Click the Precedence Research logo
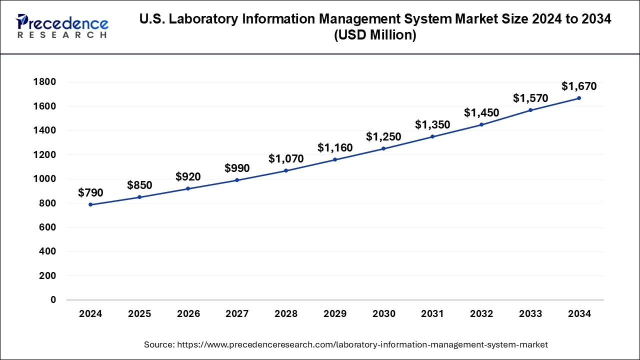(x=62, y=26)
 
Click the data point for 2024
(x=90, y=204)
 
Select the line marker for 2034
(x=579, y=98)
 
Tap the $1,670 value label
(x=579, y=86)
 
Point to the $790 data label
(x=90, y=193)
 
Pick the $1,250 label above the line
(x=383, y=136)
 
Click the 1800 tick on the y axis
(x=44, y=82)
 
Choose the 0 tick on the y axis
(x=53, y=300)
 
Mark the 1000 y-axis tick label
(x=44, y=179)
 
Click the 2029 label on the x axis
(x=335, y=314)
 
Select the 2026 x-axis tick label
(x=188, y=314)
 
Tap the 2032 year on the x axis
(x=481, y=314)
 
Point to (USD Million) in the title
(x=375, y=35)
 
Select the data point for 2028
(x=286, y=170)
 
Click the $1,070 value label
(x=286, y=159)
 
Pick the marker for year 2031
(x=432, y=136)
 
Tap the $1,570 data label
(x=530, y=98)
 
